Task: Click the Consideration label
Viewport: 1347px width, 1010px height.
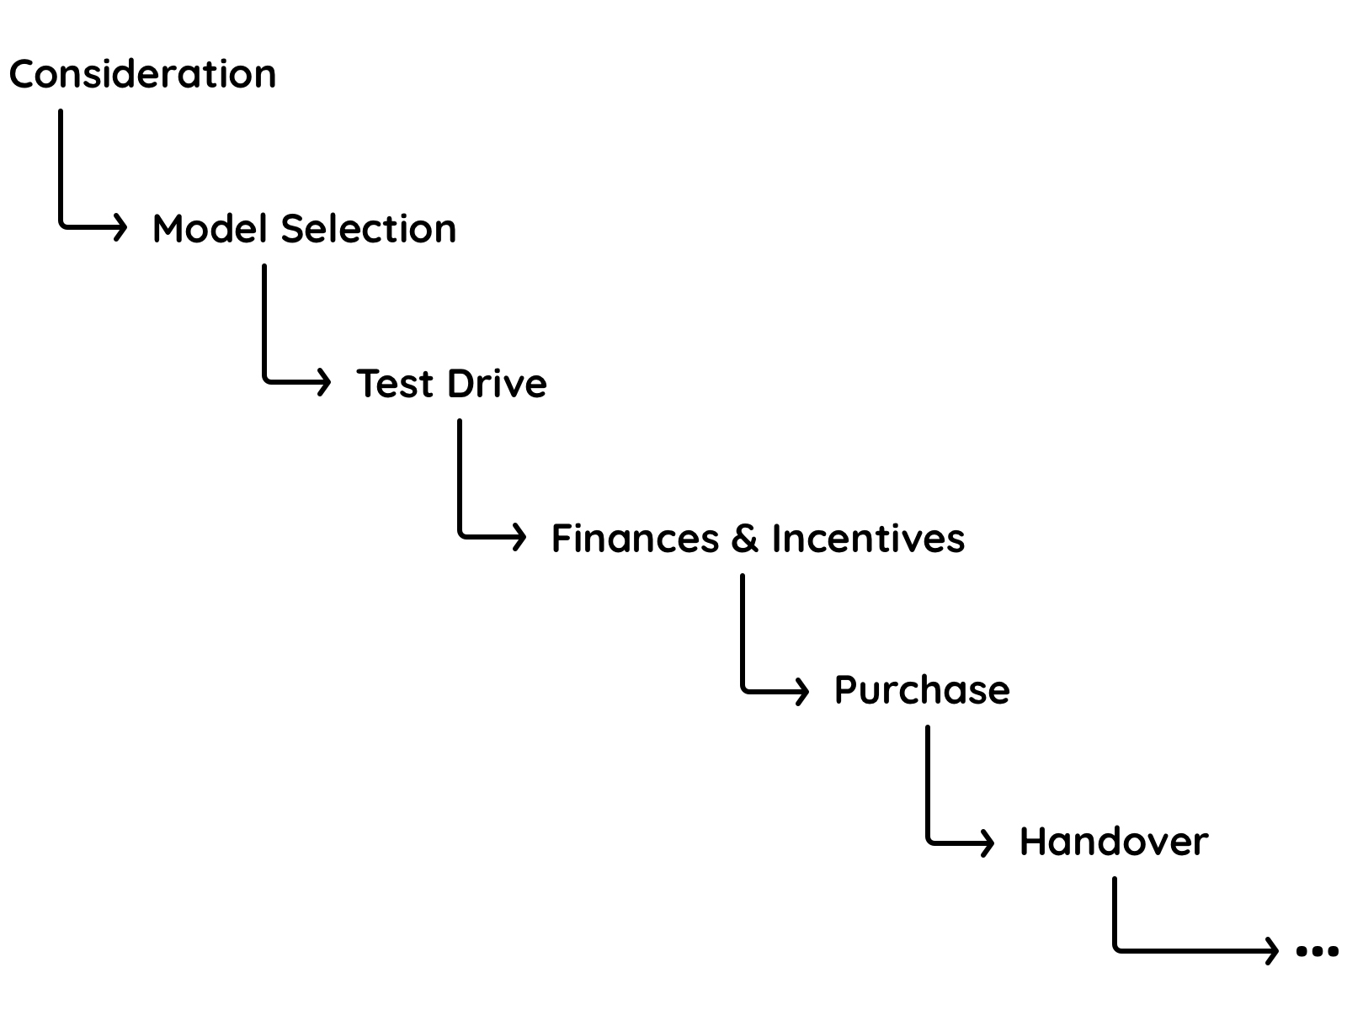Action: [142, 74]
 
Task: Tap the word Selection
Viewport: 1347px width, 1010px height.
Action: [369, 229]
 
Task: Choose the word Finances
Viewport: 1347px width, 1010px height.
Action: [635, 539]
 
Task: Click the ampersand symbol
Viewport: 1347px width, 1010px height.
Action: [744, 539]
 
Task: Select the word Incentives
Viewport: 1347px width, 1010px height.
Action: [867, 539]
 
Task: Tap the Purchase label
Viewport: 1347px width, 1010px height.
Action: [922, 690]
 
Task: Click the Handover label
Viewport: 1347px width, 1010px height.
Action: [1114, 842]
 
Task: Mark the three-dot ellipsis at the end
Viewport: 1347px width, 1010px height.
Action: [1317, 952]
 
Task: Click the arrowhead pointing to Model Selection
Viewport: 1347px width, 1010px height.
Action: [121, 226]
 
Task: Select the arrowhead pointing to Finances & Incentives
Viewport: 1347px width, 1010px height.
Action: [520, 536]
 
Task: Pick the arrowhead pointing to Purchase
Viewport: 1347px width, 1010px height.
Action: [803, 691]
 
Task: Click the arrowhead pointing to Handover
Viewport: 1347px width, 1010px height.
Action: [988, 842]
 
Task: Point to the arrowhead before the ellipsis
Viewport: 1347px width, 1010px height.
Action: [1272, 951]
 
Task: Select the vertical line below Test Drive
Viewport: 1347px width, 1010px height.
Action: [460, 476]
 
